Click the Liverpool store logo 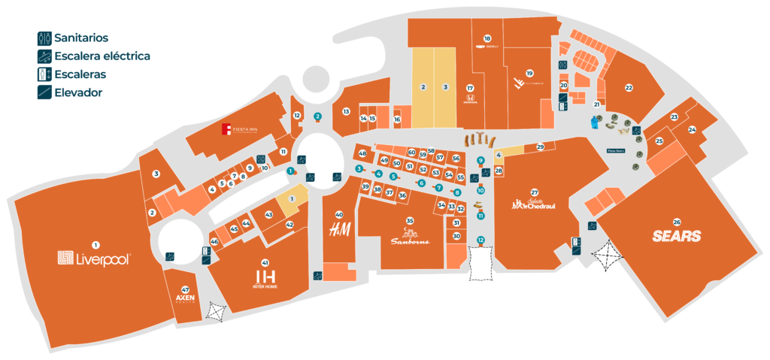pyautogui.click(x=95, y=259)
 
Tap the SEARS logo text pyautogui.click(x=677, y=236)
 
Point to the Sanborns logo pyautogui.click(x=409, y=241)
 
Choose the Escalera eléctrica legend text pyautogui.click(x=102, y=56)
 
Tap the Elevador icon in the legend pyautogui.click(x=44, y=93)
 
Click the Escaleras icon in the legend pyautogui.click(x=44, y=74)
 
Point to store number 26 pyautogui.click(x=677, y=222)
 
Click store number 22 pyautogui.click(x=629, y=87)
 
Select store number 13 pyautogui.click(x=347, y=111)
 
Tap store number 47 pyautogui.click(x=185, y=289)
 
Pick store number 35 pyautogui.click(x=410, y=220)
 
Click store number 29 pyautogui.click(x=540, y=147)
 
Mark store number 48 pyautogui.click(x=362, y=153)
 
